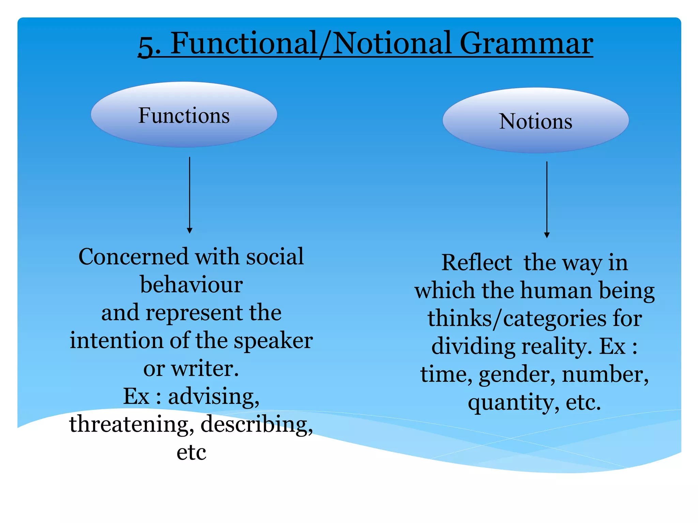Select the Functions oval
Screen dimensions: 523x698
click(184, 115)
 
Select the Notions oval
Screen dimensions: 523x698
click(535, 121)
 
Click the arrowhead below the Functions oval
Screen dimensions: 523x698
click(190, 231)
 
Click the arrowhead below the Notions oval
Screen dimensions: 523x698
click(547, 235)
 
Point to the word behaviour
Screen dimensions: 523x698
click(191, 284)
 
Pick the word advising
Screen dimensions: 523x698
click(214, 397)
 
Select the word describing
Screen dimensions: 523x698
click(256, 425)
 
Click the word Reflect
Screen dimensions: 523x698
click(476, 263)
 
